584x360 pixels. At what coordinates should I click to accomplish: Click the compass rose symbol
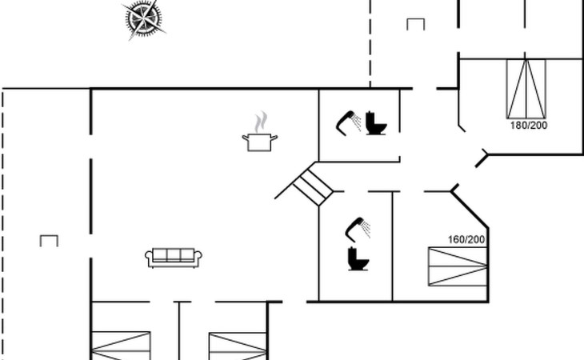pos(144,19)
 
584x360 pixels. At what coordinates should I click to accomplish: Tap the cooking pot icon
pos(260,142)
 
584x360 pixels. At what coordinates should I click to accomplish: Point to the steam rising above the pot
pos(260,123)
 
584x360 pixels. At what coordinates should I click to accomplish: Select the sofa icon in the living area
pos(174,257)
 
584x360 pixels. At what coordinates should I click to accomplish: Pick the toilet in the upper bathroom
pos(376,123)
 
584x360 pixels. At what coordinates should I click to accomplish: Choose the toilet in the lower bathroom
pos(356,258)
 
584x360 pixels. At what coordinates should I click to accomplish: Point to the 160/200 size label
pos(467,239)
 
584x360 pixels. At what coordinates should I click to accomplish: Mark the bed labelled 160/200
pos(457,266)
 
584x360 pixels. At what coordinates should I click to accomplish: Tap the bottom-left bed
pos(121,346)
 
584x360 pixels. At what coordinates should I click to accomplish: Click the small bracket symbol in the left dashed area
pos(49,240)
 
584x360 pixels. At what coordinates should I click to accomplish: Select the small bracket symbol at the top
pos(415,24)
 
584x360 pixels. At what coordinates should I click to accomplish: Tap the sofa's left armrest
pos(149,258)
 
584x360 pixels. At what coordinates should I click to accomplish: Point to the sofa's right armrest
pos(200,258)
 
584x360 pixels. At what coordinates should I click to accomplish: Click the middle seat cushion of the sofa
pos(174,255)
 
